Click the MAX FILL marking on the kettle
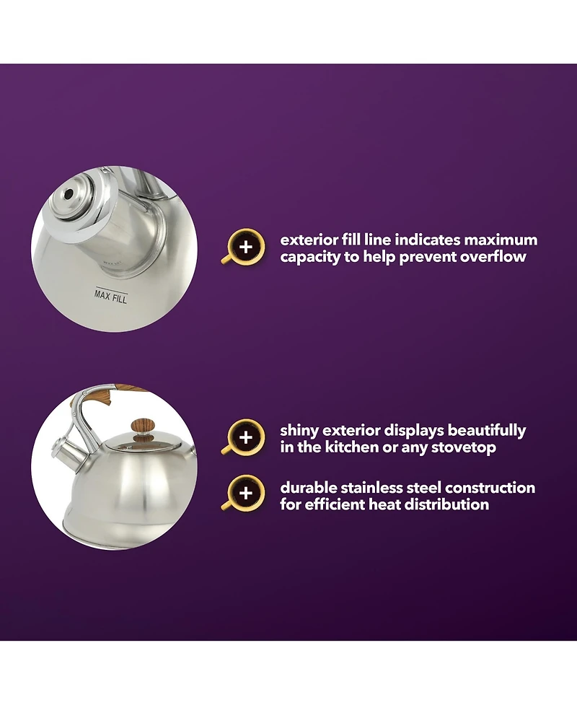point(111,297)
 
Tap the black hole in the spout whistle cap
point(69,194)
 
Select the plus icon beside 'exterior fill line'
point(246,247)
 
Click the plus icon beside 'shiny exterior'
point(245,437)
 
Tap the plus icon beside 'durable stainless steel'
point(245,494)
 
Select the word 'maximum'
point(501,240)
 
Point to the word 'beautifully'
point(487,430)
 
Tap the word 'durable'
point(308,487)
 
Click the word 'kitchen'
point(353,447)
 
